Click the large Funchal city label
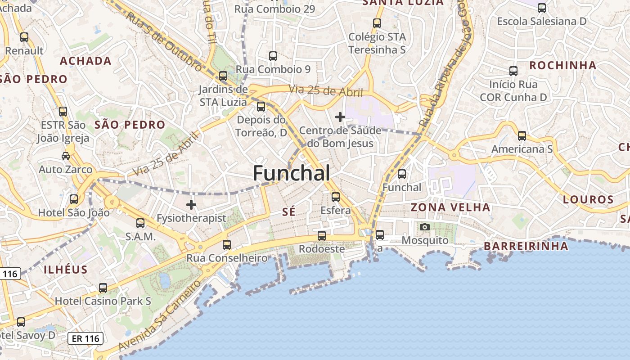tap(292, 173)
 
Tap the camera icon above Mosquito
tap(424, 227)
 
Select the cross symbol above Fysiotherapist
tap(191, 205)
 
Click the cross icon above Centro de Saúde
tap(340, 117)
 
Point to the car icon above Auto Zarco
tap(66, 156)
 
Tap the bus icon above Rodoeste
tap(322, 235)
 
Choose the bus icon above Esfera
tap(336, 197)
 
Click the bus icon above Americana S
tap(522, 135)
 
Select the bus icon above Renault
tap(24, 37)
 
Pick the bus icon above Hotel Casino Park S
tap(103, 288)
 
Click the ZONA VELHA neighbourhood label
tap(450, 207)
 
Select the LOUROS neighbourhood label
tap(589, 199)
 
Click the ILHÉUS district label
tap(66, 270)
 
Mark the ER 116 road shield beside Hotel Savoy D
tap(85, 338)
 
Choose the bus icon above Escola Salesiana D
tap(542, 8)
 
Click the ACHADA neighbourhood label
tap(85, 61)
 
